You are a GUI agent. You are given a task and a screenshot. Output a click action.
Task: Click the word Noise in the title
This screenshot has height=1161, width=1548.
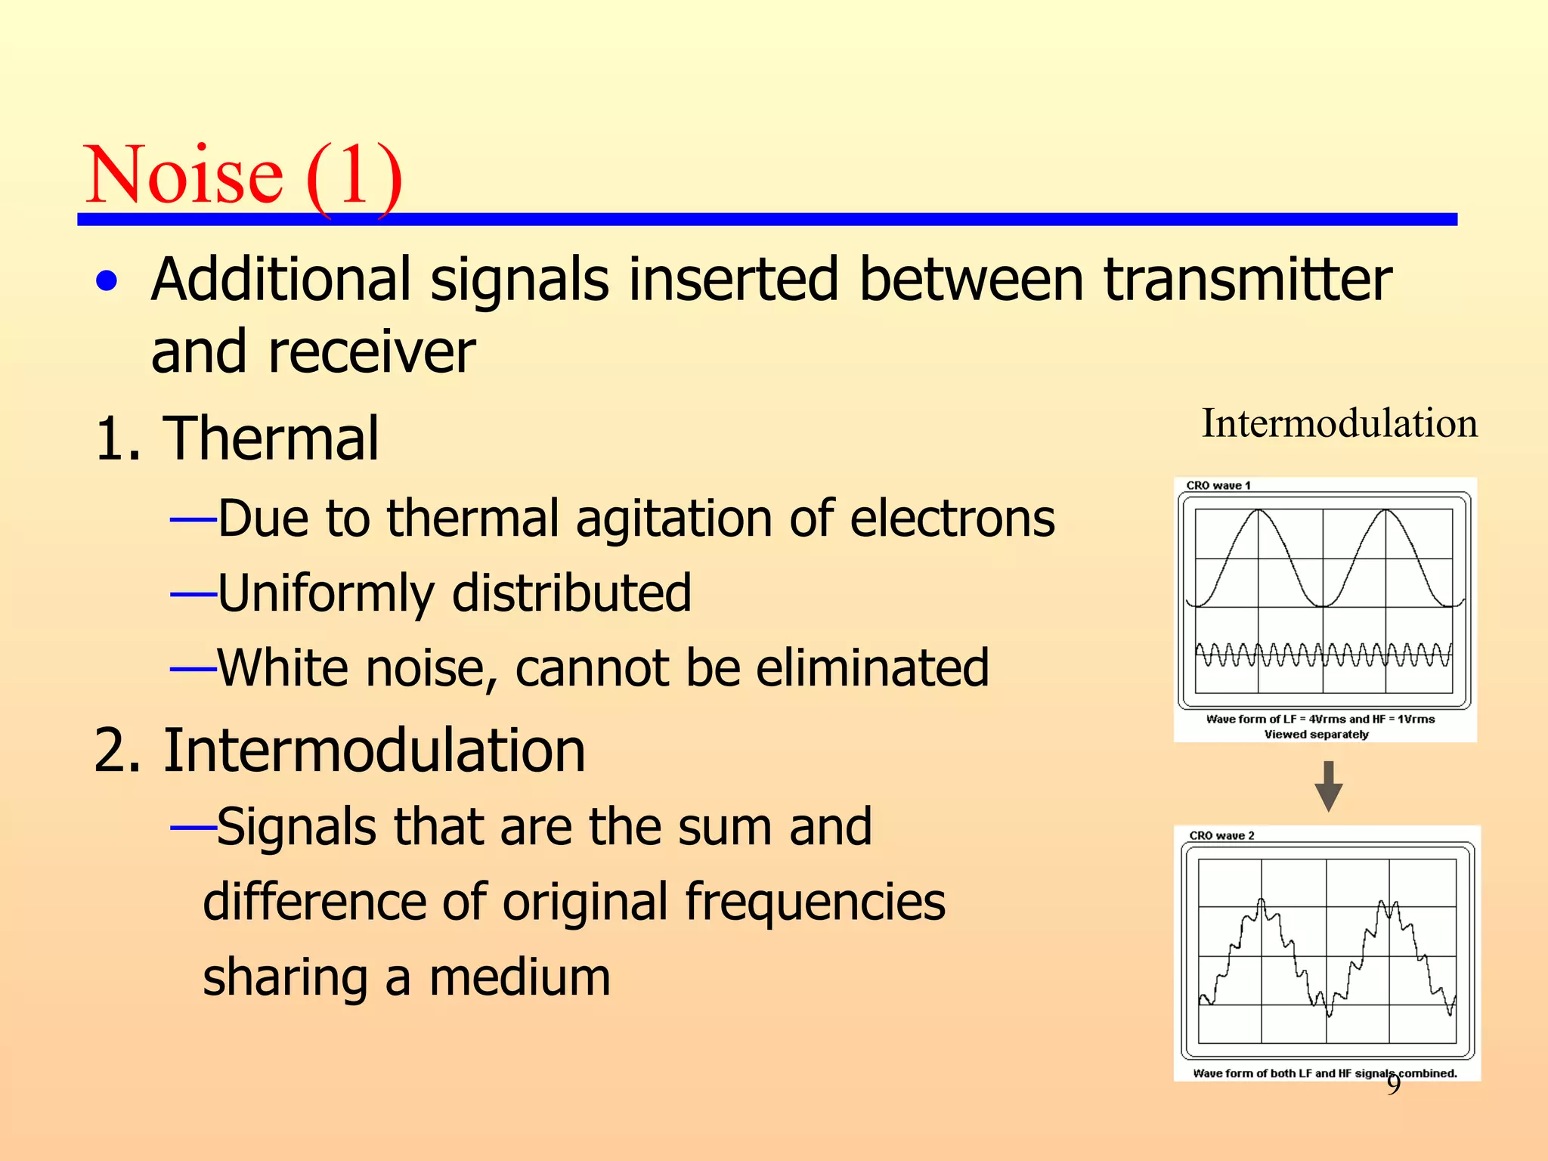tap(184, 175)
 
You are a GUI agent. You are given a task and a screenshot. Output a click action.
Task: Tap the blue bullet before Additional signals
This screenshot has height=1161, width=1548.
tap(107, 281)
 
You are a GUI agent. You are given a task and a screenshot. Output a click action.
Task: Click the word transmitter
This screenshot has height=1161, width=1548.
tap(1247, 280)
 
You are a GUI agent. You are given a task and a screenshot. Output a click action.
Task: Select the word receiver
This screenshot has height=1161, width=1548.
tap(371, 352)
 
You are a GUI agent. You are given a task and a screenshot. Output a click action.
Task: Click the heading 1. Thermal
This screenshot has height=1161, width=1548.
tap(237, 438)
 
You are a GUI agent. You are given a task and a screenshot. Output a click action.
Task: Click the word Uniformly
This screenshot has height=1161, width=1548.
tap(325, 593)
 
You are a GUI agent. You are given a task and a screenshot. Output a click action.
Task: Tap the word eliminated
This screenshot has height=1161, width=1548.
tap(872, 668)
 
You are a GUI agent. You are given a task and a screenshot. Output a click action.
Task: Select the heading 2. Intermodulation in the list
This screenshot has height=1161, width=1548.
tap(339, 751)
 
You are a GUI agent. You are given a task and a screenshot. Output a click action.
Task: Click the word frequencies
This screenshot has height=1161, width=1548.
tap(814, 902)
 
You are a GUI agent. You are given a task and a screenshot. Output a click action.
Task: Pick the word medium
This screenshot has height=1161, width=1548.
tap(519, 977)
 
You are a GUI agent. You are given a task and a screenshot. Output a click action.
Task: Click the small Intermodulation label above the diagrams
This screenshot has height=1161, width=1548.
tap(1339, 423)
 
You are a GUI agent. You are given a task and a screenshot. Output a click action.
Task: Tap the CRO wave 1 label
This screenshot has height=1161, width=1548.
tap(1218, 485)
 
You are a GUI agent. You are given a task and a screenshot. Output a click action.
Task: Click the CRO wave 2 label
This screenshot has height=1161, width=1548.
tap(1221, 835)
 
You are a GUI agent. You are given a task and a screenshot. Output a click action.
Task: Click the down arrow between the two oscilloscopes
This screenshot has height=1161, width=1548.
tap(1328, 787)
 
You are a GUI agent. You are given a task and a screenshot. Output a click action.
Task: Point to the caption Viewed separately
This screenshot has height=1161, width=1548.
tap(1316, 735)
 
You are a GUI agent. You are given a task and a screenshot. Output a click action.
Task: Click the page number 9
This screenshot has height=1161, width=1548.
tap(1393, 1085)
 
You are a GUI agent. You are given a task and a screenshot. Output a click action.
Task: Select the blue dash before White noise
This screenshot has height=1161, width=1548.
tap(193, 669)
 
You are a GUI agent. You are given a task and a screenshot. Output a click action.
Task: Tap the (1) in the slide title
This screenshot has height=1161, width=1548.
tap(354, 177)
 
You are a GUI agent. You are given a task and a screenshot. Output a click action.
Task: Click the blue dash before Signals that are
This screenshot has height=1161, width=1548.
tap(193, 828)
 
